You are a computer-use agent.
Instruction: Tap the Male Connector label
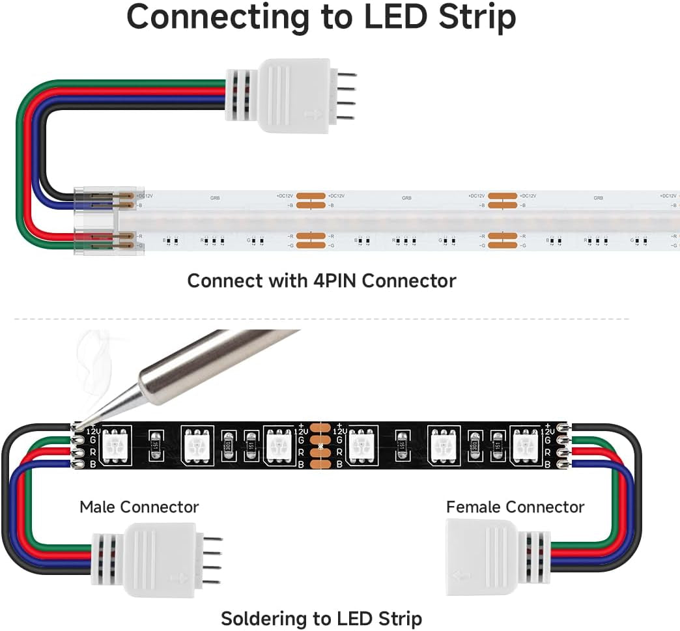(x=139, y=507)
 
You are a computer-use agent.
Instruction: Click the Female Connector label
(x=515, y=507)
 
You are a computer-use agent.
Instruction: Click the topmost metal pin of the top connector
(x=348, y=76)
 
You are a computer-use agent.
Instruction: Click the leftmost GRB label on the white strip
(x=216, y=197)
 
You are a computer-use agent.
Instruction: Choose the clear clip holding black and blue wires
(x=98, y=200)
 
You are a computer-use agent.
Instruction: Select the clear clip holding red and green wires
(x=98, y=240)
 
